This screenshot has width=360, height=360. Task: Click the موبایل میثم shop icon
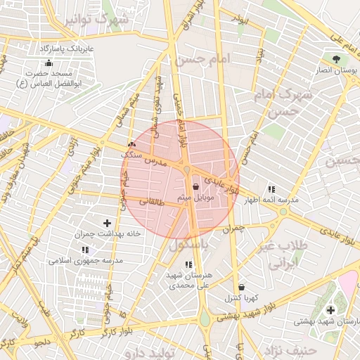[x=195, y=187]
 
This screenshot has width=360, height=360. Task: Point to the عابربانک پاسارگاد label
[x=67, y=49]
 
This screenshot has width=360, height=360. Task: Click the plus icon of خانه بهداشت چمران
[x=107, y=223]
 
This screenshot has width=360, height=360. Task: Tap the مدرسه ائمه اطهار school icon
[x=271, y=189]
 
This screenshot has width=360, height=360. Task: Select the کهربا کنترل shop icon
[x=242, y=287]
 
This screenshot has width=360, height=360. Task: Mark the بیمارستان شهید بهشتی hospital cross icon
[x=330, y=310]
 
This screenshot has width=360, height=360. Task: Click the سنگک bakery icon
[x=131, y=144]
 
